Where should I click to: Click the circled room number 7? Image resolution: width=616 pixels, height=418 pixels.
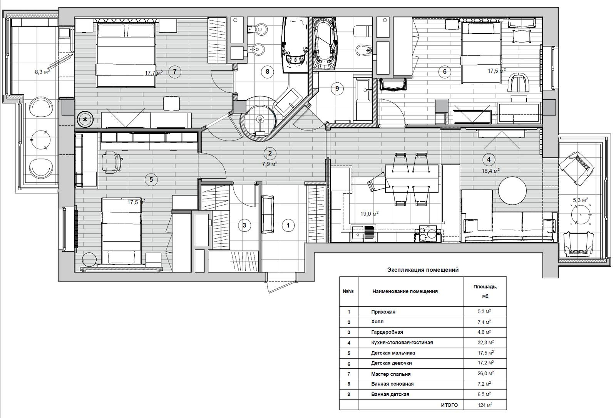[x=175, y=72]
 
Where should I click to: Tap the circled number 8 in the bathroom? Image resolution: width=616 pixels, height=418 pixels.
[x=267, y=72]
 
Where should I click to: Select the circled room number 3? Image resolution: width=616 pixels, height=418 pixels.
[x=244, y=226]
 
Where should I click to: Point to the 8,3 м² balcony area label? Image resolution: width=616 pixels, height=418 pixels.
[x=42, y=72]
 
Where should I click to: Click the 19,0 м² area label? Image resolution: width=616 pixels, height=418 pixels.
[x=369, y=213]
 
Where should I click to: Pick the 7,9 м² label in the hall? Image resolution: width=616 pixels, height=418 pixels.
[x=269, y=164]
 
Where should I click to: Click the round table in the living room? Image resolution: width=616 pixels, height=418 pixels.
[x=512, y=191]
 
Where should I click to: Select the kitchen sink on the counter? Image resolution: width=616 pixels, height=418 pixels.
[x=363, y=233]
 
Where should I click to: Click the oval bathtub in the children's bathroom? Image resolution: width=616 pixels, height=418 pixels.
[x=326, y=43]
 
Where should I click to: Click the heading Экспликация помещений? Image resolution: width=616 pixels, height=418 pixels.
[x=423, y=270]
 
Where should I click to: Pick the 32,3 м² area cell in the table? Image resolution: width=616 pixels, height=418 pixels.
[x=485, y=343]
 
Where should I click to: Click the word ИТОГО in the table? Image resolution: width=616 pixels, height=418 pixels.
[x=449, y=405]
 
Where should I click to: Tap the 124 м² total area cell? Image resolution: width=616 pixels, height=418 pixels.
[x=485, y=405]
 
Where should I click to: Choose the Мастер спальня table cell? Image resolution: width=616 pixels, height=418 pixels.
[x=391, y=374]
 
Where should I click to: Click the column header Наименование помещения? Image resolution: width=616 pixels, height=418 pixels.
[x=405, y=291]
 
